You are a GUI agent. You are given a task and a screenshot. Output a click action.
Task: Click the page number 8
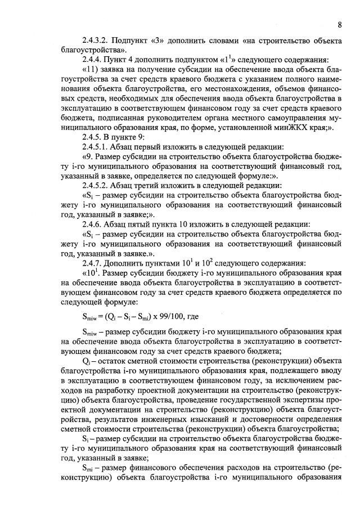pyautogui.click(x=340, y=25)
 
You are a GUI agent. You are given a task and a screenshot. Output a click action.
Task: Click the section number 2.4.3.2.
pyautogui.click(x=96, y=41)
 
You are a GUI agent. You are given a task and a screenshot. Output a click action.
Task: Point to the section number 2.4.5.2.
pyautogui.click(x=96, y=186)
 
